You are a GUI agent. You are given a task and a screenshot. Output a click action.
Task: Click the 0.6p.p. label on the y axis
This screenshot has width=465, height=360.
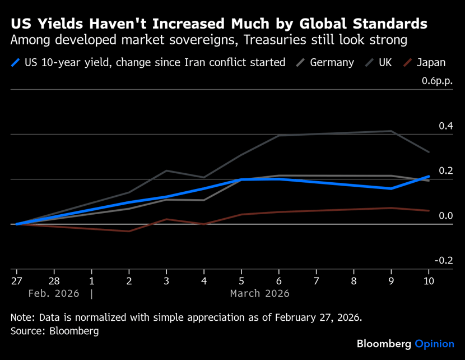(438, 81)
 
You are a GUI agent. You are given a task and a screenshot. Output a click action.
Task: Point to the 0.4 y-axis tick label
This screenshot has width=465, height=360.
(446, 126)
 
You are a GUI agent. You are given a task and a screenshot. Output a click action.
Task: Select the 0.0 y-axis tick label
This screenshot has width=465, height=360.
(446, 216)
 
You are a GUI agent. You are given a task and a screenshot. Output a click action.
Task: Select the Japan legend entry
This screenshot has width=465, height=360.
(431, 62)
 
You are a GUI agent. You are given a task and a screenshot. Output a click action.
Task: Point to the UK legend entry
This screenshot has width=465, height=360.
(385, 62)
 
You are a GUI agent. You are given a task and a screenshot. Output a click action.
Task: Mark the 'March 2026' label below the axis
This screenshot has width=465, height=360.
(259, 293)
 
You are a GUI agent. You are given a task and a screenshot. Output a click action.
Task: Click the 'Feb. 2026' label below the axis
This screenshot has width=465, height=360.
(54, 293)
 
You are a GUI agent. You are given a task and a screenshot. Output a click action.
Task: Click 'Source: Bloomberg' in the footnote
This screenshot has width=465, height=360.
(54, 331)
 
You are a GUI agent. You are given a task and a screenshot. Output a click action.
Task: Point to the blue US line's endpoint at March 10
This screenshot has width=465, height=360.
(429, 177)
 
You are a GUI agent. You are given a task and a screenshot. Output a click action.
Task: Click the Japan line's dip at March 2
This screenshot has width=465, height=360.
(129, 231)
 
